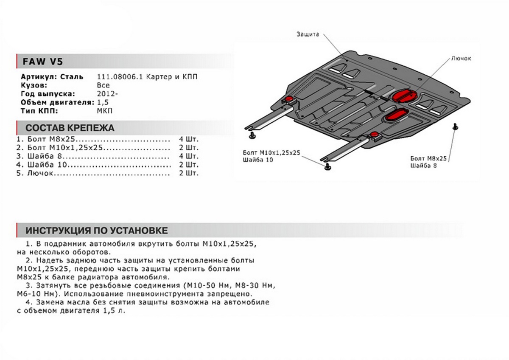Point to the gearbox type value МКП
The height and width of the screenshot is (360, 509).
click(106, 111)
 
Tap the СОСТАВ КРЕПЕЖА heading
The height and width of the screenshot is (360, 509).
click(70, 128)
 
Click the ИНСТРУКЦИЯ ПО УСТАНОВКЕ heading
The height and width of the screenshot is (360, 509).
click(96, 231)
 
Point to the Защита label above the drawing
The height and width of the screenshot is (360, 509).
click(308, 35)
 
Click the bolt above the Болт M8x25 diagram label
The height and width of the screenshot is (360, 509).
click(455, 127)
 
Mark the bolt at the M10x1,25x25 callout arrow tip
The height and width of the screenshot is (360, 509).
click(327, 166)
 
